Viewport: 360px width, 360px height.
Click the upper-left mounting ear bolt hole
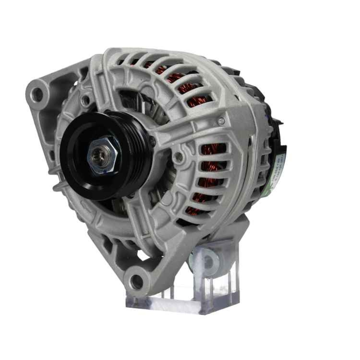[37, 94]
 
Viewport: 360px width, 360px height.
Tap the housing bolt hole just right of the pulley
[177, 156]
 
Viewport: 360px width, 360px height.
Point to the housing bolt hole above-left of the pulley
[85, 100]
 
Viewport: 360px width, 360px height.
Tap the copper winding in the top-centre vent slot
[176, 77]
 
